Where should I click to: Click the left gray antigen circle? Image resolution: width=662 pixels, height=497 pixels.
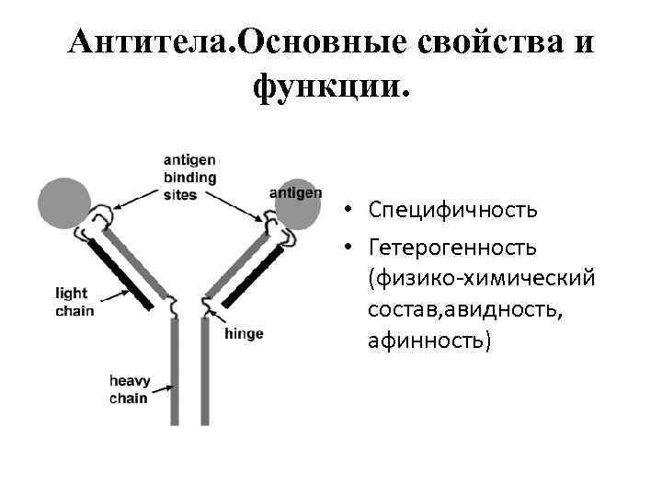pos(63,203)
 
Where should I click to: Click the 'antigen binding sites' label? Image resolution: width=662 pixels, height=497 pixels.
pos(190,176)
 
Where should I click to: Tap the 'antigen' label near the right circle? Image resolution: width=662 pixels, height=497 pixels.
pos(296,192)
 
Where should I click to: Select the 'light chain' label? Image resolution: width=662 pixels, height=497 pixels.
pos(74,303)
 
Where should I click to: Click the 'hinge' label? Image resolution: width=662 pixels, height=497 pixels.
pos(244,333)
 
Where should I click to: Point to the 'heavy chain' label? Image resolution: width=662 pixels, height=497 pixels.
pos(128,389)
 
